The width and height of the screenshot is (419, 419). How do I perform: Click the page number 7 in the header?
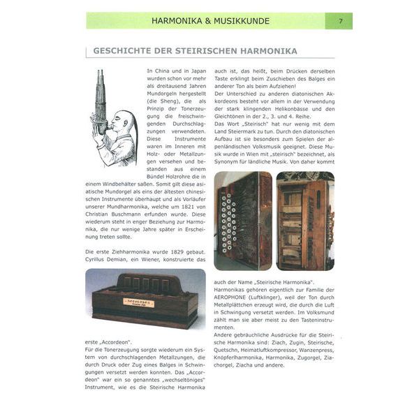340,21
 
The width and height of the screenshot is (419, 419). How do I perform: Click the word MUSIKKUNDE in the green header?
241,21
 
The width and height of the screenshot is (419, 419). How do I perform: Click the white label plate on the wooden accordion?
138,302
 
